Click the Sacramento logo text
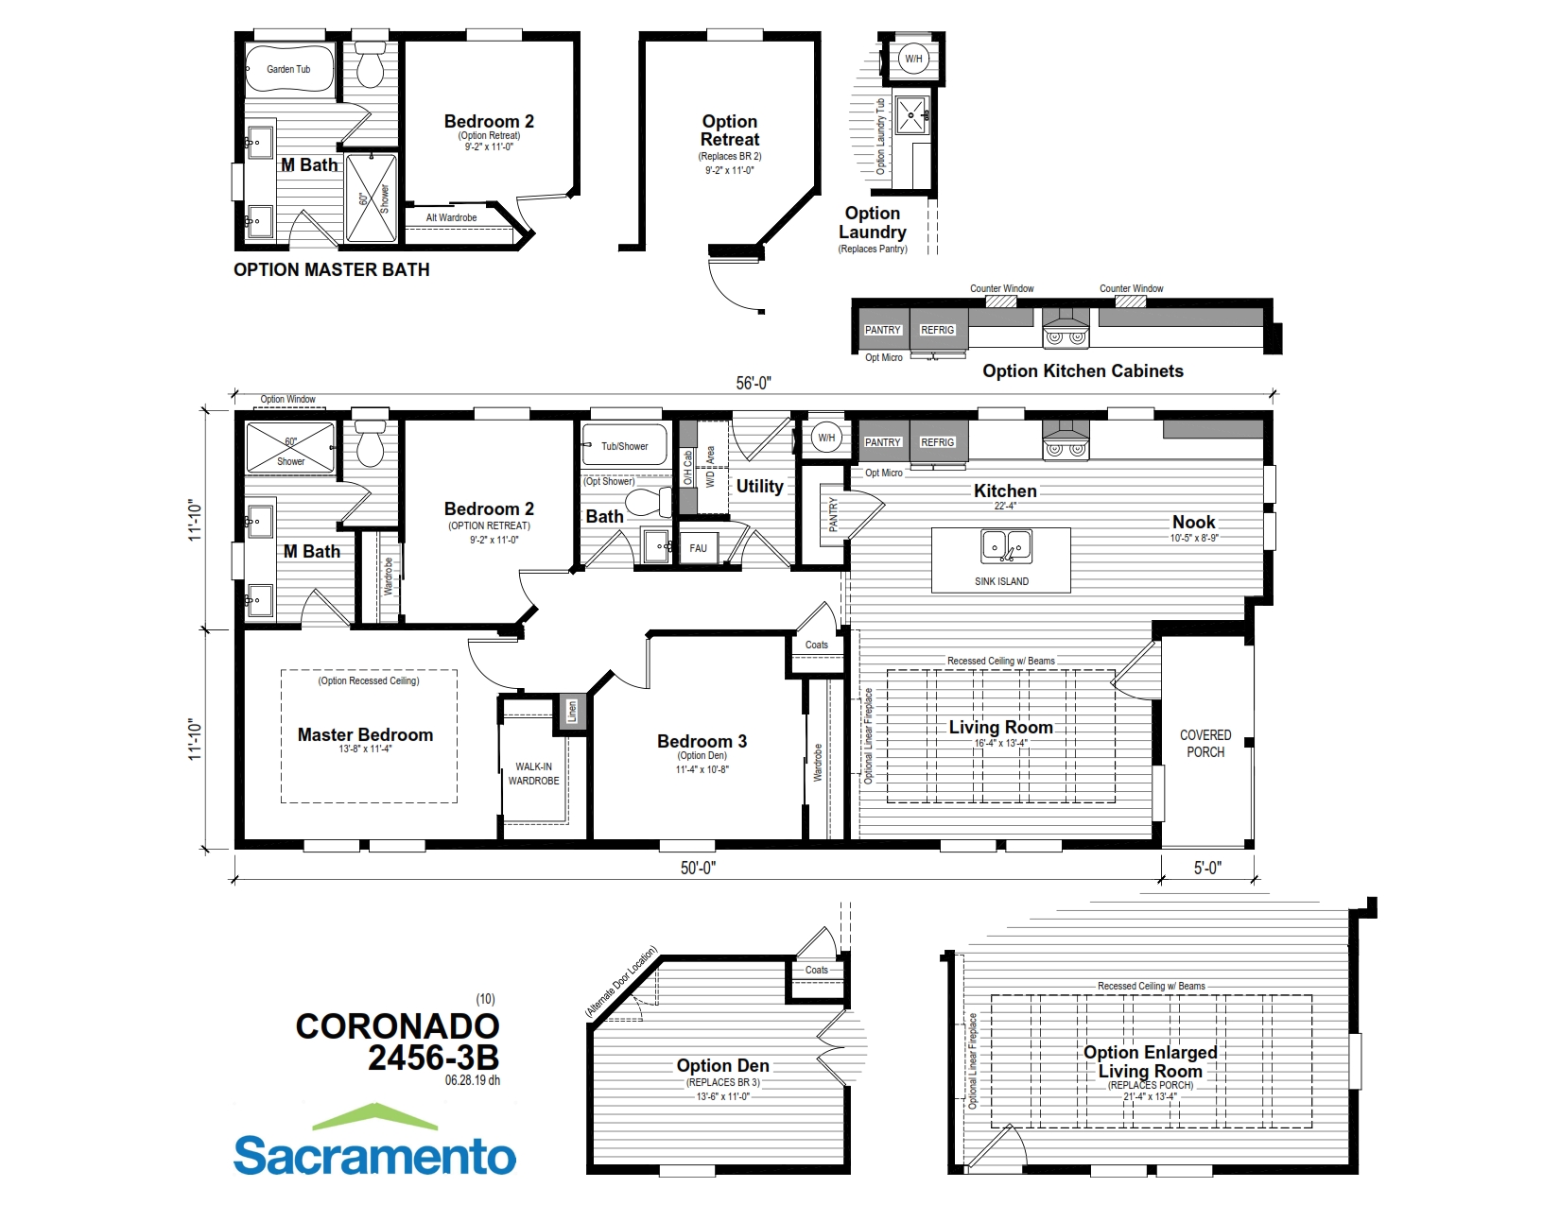coord(374,1155)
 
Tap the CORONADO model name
coord(397,1026)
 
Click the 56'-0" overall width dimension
coord(754,383)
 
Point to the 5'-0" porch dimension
coord(1207,868)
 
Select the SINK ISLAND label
coord(1001,581)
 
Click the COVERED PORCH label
coord(1205,744)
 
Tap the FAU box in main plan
coord(698,548)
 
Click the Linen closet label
coord(571,711)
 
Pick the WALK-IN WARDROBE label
coord(533,774)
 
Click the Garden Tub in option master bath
coord(288,69)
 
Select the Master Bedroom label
coord(365,734)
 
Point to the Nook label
coord(1194,523)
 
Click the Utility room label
coord(759,486)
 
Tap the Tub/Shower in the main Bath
coord(624,446)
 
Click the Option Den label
coord(722,1065)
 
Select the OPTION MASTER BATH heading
coord(331,269)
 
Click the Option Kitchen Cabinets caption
coord(1083,371)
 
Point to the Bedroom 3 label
coord(702,742)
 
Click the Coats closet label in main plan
coord(816,646)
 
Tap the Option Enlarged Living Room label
coord(1150,1061)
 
